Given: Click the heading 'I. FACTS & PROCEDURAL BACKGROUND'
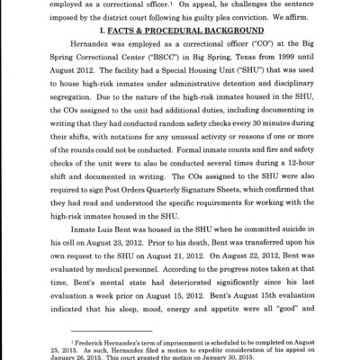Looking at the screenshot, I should (179, 43).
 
